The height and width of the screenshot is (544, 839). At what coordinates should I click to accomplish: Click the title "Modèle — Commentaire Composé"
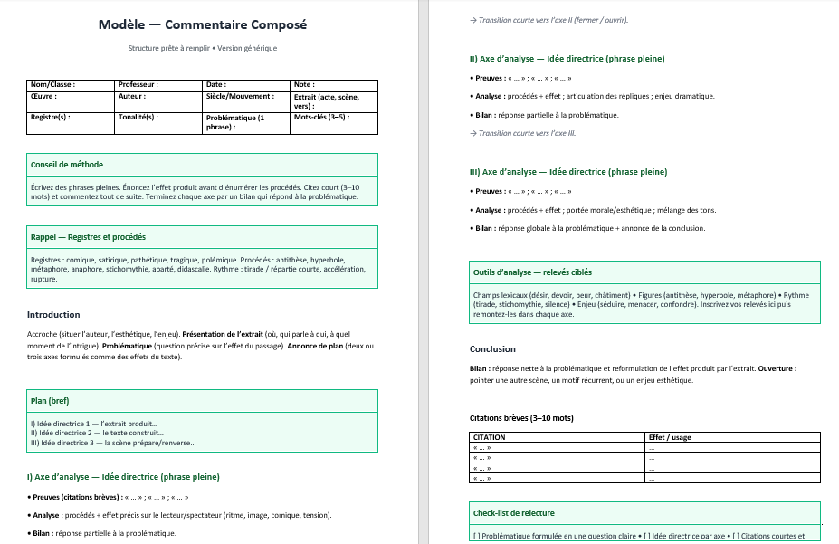pyautogui.click(x=203, y=24)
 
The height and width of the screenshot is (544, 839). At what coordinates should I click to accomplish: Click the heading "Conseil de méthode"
pyautogui.click(x=67, y=165)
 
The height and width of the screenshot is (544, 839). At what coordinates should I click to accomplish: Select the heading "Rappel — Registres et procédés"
pyautogui.click(x=88, y=237)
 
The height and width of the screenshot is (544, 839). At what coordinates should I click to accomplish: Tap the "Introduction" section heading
pyautogui.click(x=53, y=315)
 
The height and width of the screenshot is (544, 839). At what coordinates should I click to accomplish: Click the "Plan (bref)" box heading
pyautogui.click(x=50, y=401)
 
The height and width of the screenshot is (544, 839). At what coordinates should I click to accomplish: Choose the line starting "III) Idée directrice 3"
pyautogui.click(x=112, y=443)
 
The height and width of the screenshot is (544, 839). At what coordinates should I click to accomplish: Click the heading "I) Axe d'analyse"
pyautogui.click(x=123, y=476)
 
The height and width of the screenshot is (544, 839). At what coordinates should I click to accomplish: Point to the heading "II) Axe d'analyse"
pyautogui.click(x=567, y=59)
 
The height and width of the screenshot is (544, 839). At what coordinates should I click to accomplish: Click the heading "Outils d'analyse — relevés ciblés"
pyautogui.click(x=532, y=272)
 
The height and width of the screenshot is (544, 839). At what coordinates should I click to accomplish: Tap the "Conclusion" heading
pyautogui.click(x=492, y=348)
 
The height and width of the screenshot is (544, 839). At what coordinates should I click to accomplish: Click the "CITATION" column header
pyautogui.click(x=490, y=437)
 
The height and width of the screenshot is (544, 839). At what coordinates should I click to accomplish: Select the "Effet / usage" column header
pyautogui.click(x=670, y=437)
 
